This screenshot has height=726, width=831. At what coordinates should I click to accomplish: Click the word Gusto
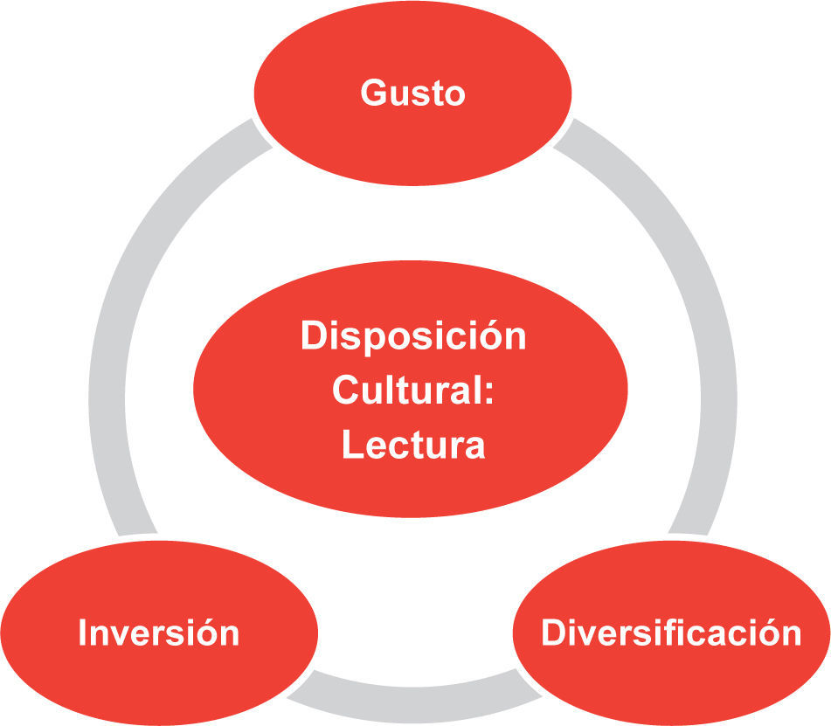pyautogui.click(x=412, y=92)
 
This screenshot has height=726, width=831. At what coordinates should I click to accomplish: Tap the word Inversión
pyautogui.click(x=158, y=633)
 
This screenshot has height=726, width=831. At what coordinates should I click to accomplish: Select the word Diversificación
pyautogui.click(x=671, y=633)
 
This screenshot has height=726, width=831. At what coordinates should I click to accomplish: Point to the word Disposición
pyautogui.click(x=413, y=336)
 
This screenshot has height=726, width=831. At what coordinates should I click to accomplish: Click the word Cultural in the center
pyautogui.click(x=407, y=391)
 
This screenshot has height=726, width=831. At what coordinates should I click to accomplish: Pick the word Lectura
pyautogui.click(x=413, y=445)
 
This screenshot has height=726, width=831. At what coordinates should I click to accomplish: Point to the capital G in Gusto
pyautogui.click(x=373, y=92)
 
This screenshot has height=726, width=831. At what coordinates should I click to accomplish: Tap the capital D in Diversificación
pyautogui.click(x=553, y=633)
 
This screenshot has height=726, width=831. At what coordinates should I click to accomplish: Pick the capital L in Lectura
pyautogui.click(x=350, y=445)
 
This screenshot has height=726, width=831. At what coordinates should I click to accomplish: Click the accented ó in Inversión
pyautogui.click(x=206, y=633)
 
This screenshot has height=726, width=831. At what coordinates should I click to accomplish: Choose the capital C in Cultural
pyautogui.click(x=344, y=391)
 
